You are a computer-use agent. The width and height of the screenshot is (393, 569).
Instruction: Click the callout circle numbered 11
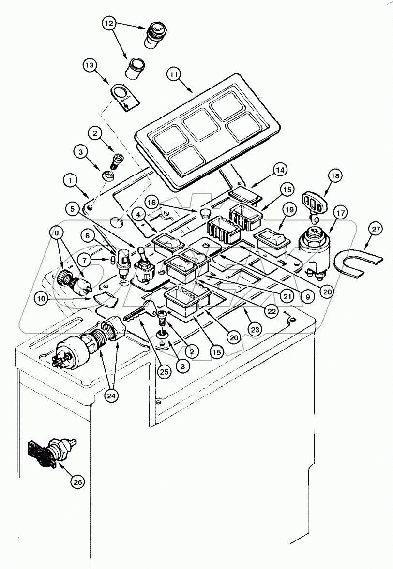(x=174, y=75)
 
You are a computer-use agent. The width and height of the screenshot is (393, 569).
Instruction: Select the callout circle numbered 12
(x=109, y=24)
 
